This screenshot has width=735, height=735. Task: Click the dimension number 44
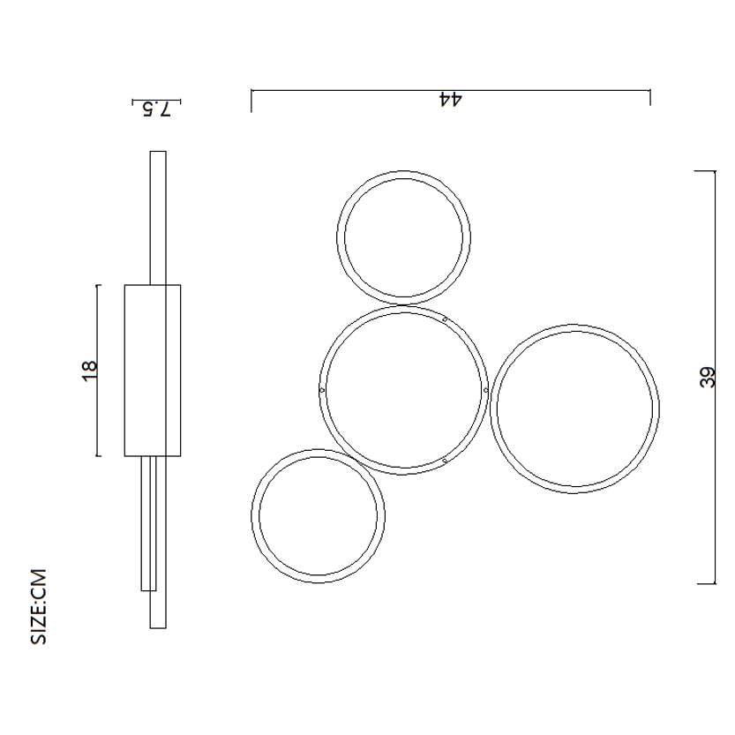[450, 100]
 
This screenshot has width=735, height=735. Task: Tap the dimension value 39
[708, 377]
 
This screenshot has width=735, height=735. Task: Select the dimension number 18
[90, 371]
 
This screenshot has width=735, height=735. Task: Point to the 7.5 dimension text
[156, 109]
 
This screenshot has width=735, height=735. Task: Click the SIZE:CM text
[39, 606]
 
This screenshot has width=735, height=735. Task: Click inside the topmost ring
[403, 237]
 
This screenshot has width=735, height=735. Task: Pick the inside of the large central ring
[403, 390]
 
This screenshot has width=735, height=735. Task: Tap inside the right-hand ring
[574, 409]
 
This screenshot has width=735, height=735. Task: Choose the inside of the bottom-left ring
[319, 515]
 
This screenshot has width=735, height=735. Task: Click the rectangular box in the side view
[153, 371]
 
